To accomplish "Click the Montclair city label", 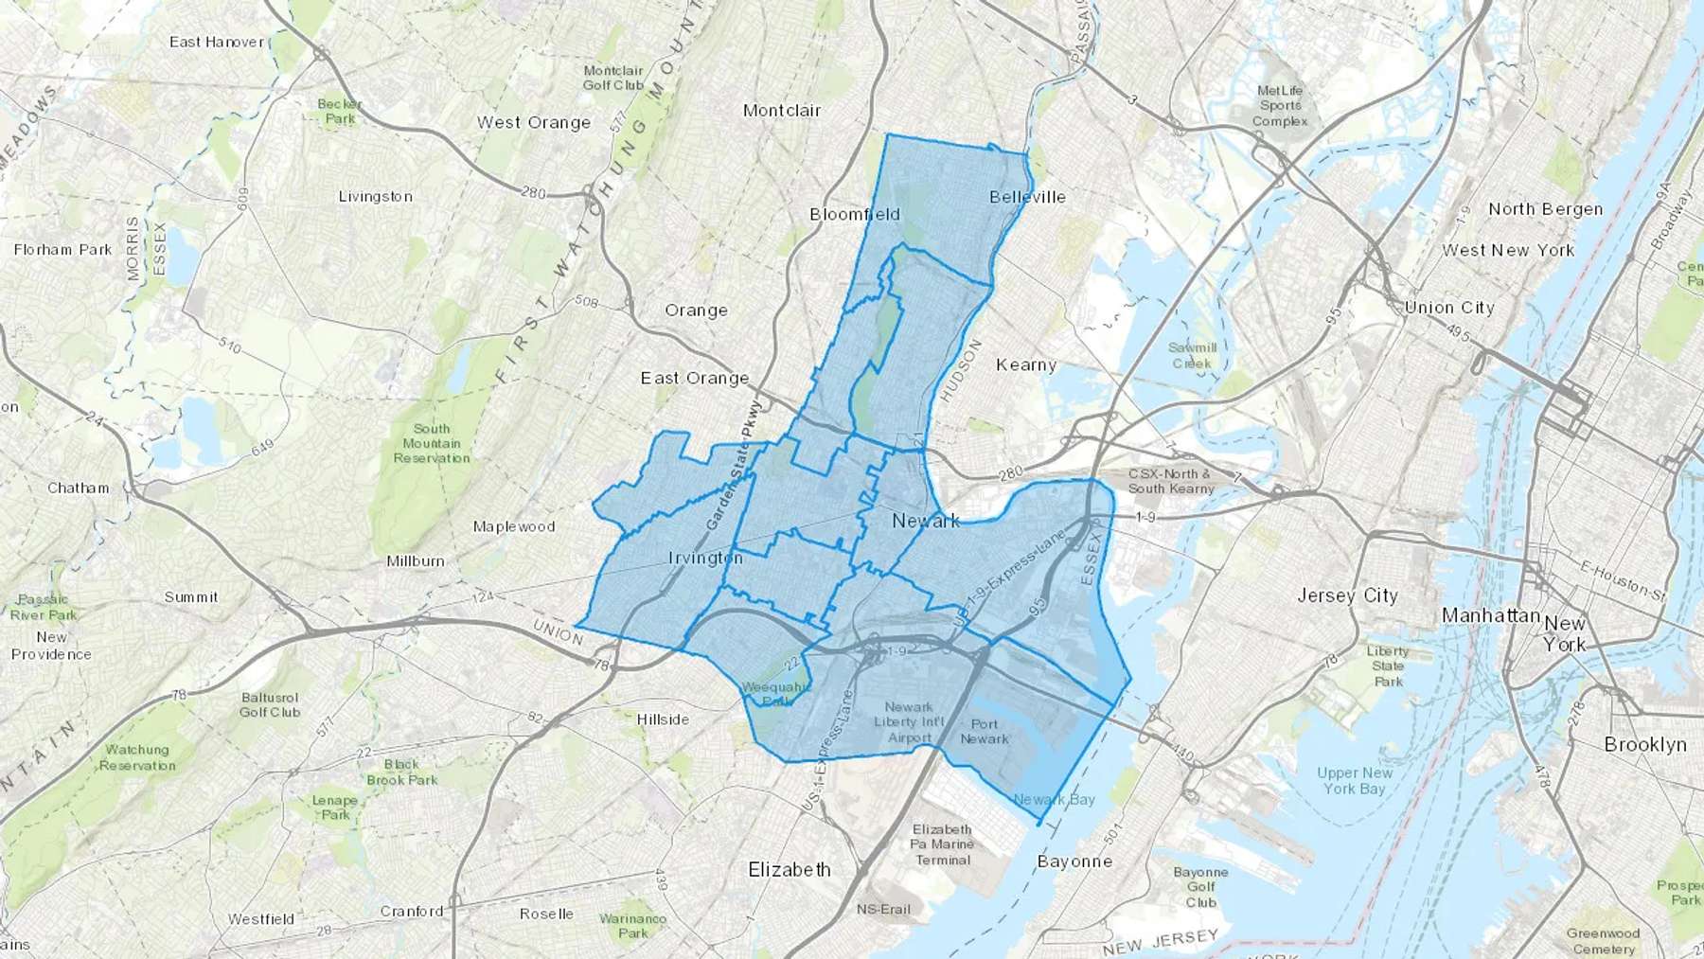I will [x=782, y=111].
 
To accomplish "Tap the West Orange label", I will [x=534, y=122].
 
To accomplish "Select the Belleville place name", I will [x=1027, y=197].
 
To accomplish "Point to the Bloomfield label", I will [x=855, y=214].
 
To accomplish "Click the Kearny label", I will [x=1026, y=364].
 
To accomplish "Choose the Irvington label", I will [x=705, y=558].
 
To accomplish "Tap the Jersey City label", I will [x=1347, y=595].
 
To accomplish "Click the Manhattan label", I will [x=1491, y=615].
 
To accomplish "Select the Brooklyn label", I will [x=1645, y=744].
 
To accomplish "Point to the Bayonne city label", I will [x=1074, y=861].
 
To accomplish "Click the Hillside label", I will [x=663, y=719].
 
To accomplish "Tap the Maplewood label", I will [x=514, y=526].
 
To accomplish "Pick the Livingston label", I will [x=376, y=197].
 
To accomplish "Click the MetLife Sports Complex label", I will [x=1280, y=106].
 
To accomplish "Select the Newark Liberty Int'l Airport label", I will [x=909, y=722].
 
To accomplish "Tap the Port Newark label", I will [x=985, y=732].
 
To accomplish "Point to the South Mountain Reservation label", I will [x=432, y=443].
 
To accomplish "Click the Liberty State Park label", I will [x=1388, y=666].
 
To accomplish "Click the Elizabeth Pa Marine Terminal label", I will [x=942, y=844].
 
